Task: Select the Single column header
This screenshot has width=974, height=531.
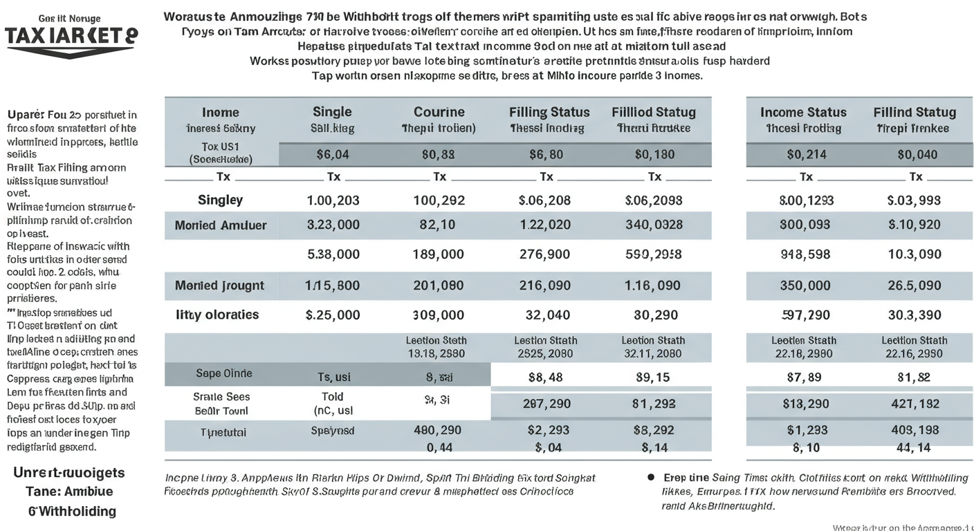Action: (332, 112)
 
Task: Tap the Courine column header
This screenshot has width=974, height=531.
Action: (439, 112)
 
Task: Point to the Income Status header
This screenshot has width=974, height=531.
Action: (803, 112)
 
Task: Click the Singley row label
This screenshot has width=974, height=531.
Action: (220, 200)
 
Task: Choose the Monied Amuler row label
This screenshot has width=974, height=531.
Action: (220, 225)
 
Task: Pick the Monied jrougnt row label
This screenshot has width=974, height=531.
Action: (220, 286)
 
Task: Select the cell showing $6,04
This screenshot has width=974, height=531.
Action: (332, 155)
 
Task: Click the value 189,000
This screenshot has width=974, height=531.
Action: (438, 254)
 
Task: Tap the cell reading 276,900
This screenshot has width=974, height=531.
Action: (544, 254)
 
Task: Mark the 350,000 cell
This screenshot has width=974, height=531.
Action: (805, 286)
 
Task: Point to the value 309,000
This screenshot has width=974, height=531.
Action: (438, 315)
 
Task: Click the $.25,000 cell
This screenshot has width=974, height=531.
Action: (332, 315)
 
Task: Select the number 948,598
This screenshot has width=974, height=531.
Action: (805, 254)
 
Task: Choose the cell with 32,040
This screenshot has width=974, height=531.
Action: (548, 315)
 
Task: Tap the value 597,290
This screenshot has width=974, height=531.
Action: (805, 315)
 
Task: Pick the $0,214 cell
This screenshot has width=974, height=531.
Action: (806, 155)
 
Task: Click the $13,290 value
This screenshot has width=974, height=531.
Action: (806, 403)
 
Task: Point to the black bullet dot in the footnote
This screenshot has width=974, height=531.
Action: (651, 477)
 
